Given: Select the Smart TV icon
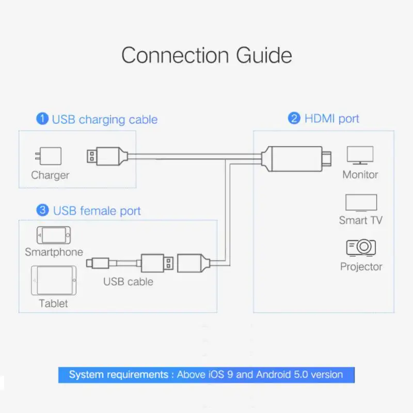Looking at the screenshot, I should [x=361, y=202].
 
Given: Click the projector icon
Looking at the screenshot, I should [x=361, y=247].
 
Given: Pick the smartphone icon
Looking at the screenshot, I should [x=53, y=235].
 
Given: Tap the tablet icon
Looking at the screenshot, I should [x=54, y=281].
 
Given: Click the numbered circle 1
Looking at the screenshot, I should [x=42, y=119].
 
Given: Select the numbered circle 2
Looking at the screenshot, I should [x=294, y=119].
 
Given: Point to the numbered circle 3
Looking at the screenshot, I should [x=43, y=210].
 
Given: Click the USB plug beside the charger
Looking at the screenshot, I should [x=105, y=156].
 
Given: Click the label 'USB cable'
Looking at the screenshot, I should [x=128, y=281].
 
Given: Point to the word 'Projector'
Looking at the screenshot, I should [x=361, y=266].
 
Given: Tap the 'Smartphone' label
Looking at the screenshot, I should [x=54, y=252].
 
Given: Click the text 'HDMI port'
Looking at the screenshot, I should [x=331, y=119].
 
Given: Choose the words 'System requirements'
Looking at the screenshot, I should [x=118, y=374].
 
